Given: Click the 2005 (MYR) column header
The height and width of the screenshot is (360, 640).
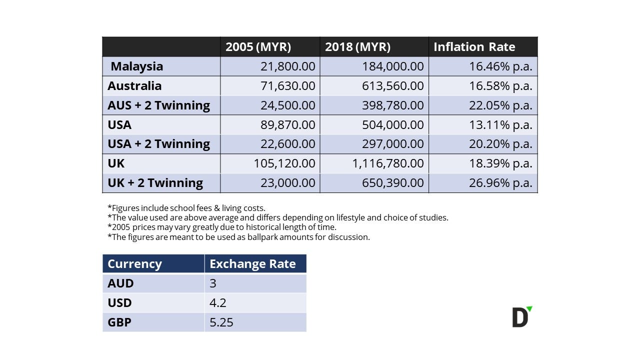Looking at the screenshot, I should (258, 47).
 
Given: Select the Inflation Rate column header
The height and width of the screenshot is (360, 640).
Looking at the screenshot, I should (474, 47).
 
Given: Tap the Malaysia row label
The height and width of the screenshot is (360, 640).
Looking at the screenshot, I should (137, 66).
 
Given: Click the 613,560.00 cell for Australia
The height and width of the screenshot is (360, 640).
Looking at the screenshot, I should (392, 86).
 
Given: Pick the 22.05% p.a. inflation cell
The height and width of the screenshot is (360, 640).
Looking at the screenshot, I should (500, 105).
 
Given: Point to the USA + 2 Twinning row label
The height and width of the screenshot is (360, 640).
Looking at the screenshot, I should (158, 144).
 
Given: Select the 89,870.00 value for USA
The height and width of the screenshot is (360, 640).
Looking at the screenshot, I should (287, 124).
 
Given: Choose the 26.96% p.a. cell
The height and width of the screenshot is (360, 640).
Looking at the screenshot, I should (500, 183).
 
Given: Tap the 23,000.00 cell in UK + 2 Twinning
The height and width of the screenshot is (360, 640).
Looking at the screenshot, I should (287, 183).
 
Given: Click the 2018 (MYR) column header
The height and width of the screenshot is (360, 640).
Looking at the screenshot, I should (357, 47).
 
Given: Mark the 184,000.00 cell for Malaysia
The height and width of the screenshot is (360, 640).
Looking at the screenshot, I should (392, 66).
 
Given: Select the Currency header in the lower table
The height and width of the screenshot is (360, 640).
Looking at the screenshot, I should (134, 264).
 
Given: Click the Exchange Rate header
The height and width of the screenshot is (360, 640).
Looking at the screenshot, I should (252, 264).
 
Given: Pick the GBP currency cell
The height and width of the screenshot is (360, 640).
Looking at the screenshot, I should (119, 322).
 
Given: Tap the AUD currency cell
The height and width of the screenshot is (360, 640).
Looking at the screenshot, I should (120, 283).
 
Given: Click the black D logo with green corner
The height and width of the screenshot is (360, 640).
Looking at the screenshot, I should (521, 317).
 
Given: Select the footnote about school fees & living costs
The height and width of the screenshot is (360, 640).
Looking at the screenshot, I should (186, 208).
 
